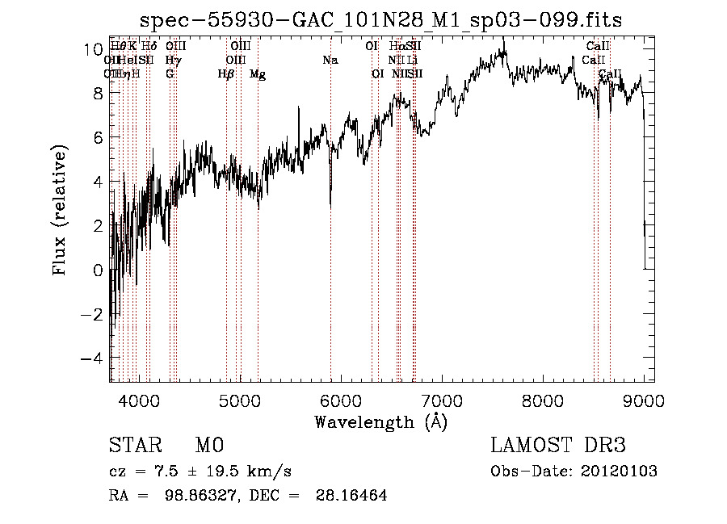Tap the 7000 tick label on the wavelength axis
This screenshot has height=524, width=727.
point(441,400)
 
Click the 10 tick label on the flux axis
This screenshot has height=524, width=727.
point(93,49)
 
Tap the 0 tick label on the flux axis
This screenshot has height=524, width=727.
point(98,270)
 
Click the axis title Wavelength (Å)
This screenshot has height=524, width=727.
point(380,421)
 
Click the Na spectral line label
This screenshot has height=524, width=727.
point(330,61)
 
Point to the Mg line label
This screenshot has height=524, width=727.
point(258,74)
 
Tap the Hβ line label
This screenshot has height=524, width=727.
point(226,74)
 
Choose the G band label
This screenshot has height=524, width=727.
point(170,74)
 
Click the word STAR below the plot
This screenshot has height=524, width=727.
point(135,446)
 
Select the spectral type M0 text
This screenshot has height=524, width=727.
point(208,446)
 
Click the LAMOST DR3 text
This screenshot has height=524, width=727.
point(557,446)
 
